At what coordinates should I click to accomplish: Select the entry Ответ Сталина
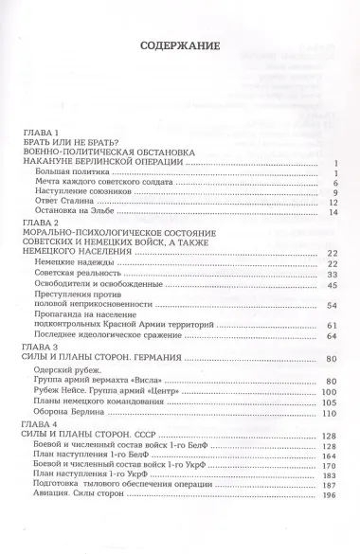click(x=69, y=201)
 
